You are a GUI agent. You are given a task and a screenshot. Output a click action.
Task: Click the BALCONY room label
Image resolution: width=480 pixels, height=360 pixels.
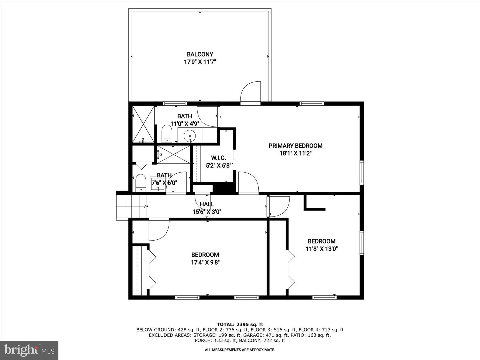200,54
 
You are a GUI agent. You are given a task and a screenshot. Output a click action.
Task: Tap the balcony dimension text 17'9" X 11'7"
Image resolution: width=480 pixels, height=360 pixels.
200,62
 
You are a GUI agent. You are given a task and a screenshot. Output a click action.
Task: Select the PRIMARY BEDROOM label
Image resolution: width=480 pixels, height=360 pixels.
295,146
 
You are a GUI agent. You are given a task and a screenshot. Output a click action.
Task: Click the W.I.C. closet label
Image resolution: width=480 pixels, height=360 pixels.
218,158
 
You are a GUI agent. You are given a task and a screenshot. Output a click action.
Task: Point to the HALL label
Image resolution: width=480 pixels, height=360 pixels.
207,204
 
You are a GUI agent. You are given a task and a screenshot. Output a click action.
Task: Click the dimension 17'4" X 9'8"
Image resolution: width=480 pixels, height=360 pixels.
205,262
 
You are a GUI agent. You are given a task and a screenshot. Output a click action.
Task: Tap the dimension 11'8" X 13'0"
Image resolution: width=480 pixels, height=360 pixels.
322,249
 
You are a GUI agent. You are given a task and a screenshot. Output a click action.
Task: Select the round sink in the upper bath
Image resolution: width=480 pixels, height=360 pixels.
190,135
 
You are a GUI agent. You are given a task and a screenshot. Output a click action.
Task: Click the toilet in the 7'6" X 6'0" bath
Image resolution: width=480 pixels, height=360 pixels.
141,183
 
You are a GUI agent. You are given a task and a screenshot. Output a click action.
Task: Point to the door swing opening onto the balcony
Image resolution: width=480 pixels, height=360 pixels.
251,92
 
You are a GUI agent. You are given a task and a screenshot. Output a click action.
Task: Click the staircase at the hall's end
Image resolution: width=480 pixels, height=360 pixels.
131,206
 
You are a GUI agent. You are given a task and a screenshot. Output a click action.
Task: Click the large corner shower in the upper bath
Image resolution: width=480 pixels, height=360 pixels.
143,124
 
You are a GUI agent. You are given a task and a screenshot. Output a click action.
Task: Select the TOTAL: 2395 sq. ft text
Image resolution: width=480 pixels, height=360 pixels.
240,325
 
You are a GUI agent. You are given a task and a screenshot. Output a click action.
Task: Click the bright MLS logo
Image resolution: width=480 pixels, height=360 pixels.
29,350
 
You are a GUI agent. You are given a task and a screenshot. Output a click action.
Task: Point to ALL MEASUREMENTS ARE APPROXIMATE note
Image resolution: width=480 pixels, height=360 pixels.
240,350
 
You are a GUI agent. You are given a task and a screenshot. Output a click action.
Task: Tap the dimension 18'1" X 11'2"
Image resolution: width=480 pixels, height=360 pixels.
295,154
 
